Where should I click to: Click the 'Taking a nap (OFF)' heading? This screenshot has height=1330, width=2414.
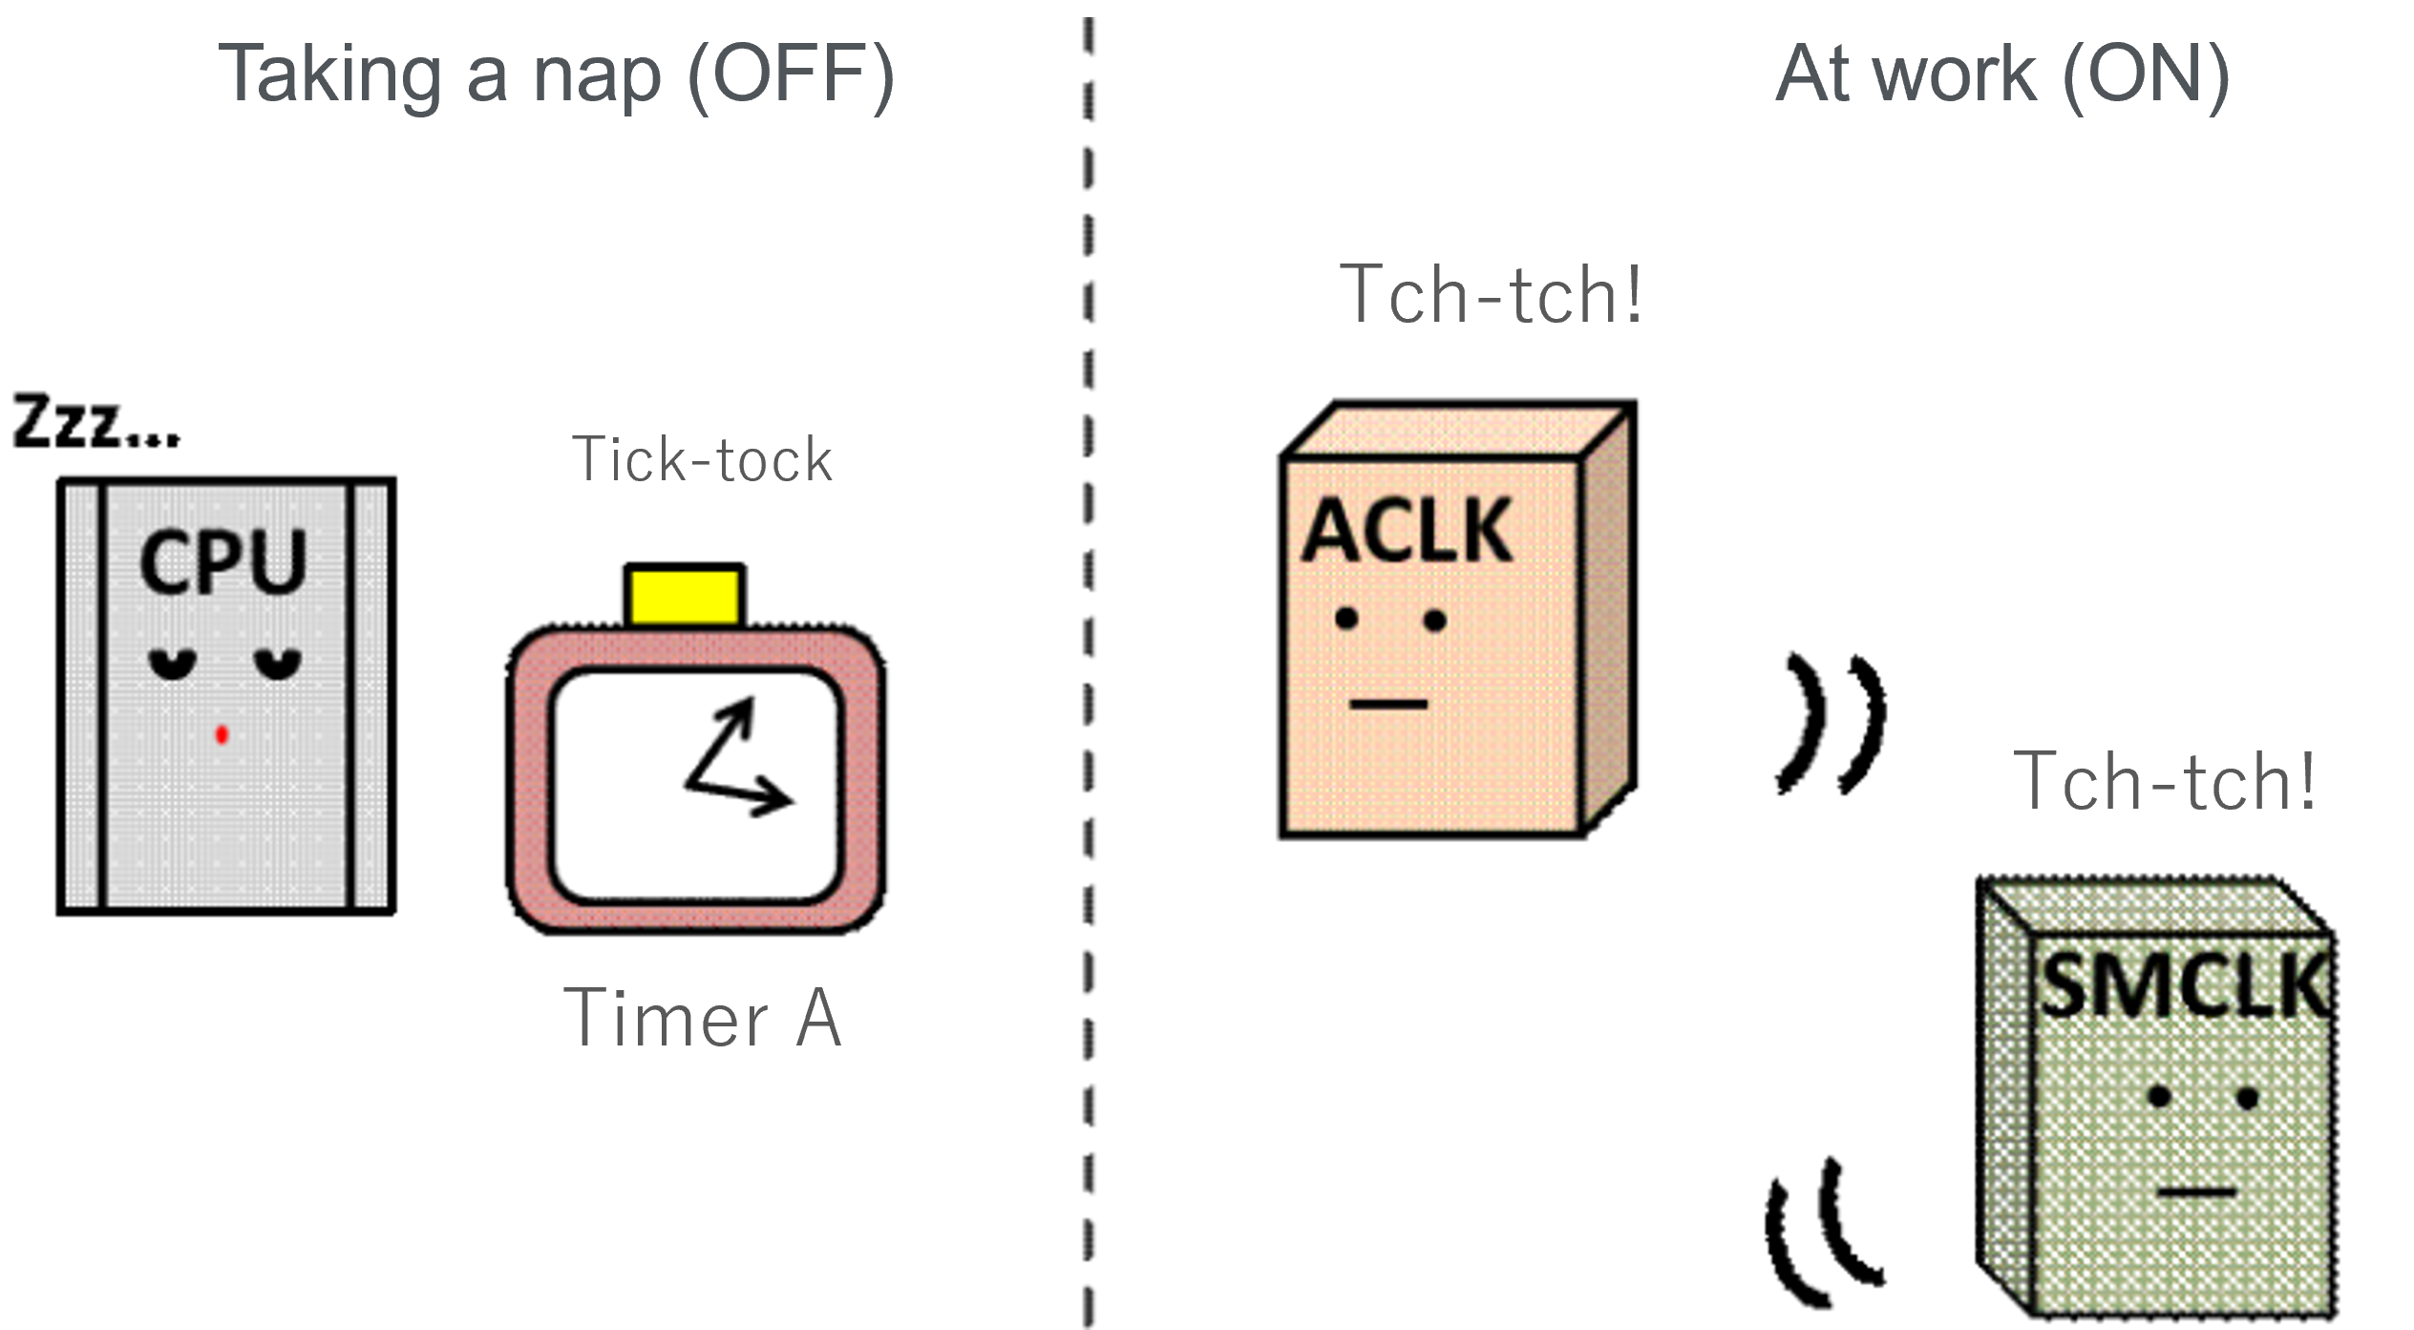click(x=556, y=74)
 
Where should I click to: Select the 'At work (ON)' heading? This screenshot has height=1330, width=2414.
click(x=2001, y=74)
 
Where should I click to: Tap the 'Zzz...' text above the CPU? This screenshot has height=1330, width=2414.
click(x=95, y=422)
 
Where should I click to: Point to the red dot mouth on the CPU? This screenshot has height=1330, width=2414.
click(x=222, y=734)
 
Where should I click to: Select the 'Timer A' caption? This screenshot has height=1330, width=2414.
click(x=703, y=1019)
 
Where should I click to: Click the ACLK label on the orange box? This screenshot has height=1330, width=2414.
click(x=1407, y=531)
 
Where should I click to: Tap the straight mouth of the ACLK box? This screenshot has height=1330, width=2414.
click(x=1388, y=705)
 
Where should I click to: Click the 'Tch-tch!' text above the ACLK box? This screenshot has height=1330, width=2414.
click(x=1491, y=295)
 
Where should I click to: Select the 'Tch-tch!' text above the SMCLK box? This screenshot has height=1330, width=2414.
click(x=2164, y=782)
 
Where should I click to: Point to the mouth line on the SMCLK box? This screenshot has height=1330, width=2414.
click(x=2195, y=1192)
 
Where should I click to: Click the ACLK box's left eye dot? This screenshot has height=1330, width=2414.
click(x=1346, y=619)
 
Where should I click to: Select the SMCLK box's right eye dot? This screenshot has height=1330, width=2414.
click(x=2247, y=1098)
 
